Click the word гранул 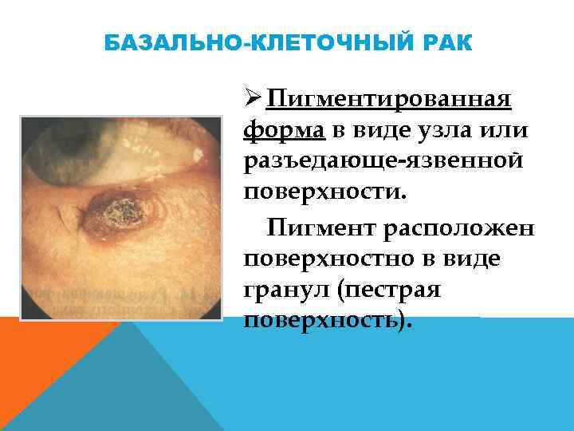285,289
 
